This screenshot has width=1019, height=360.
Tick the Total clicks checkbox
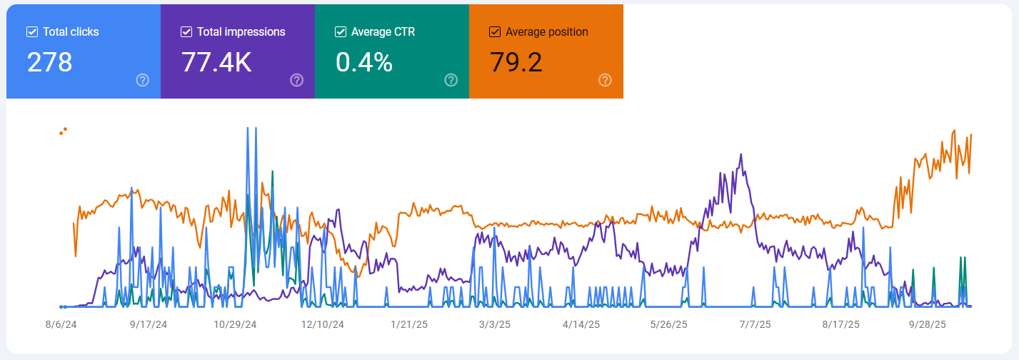32,32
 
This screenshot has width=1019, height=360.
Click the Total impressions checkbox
186,32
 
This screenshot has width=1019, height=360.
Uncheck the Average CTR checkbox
341,32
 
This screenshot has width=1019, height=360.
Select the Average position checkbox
495,32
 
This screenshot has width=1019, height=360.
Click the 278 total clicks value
50,62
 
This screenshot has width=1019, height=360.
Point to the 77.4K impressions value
216,62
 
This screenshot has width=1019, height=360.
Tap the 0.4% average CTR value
364,62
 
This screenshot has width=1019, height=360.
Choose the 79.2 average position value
516,62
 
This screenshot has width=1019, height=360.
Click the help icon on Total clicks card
142,80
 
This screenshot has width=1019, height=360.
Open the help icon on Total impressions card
296,80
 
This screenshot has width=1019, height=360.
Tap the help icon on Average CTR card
451,80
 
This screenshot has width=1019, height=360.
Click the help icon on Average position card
605,80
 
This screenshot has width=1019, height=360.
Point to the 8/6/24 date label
61,324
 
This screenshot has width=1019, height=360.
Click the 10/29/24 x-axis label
235,324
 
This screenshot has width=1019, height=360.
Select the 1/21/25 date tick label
409,324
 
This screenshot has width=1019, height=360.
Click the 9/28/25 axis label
927,324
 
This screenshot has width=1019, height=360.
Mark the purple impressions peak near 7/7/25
741,154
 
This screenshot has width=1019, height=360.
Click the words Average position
546,32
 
